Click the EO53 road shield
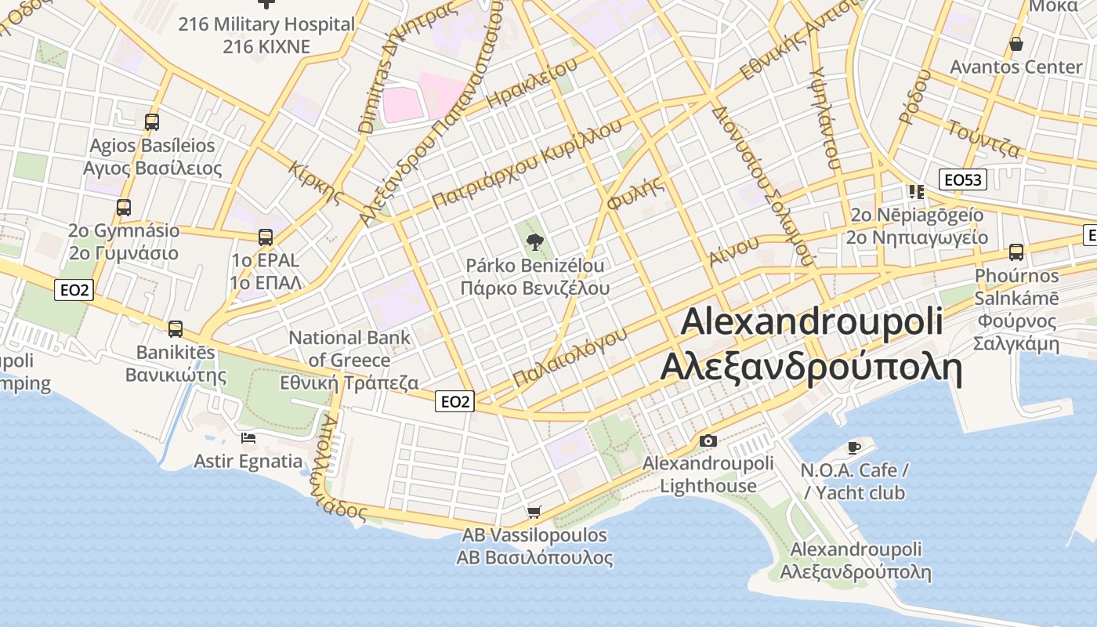962,179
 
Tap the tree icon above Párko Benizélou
535,241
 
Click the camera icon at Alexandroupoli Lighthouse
708,440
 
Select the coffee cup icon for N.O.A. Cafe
854,448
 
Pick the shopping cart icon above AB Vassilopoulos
534,513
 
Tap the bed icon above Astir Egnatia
248,437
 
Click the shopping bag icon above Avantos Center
1016,44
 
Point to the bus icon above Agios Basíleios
152,121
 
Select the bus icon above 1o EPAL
266,237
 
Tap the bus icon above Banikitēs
176,328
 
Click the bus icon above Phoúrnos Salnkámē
1016,252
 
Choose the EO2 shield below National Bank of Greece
454,402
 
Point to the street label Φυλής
635,192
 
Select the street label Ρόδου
914,97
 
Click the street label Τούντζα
983,138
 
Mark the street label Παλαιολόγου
570,357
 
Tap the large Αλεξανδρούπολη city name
811,367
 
